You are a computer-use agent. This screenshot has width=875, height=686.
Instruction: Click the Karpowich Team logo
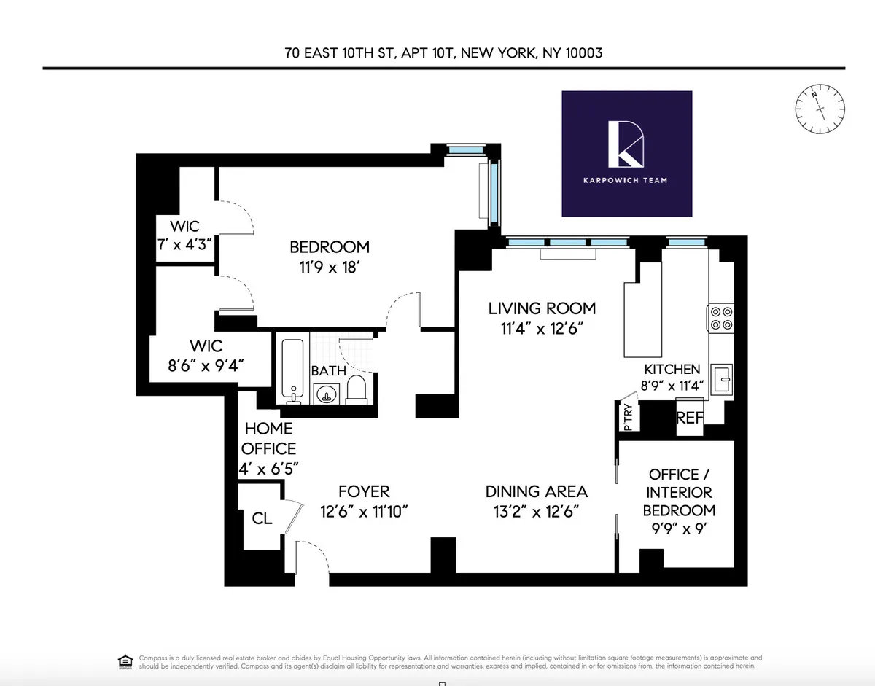[x=626, y=153]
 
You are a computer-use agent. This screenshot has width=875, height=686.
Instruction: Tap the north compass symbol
[x=820, y=109]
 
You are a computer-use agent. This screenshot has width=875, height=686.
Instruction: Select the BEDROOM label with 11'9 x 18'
[x=330, y=257]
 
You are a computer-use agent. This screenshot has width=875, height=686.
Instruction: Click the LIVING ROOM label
[x=542, y=318]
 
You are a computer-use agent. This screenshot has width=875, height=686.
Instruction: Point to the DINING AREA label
[x=540, y=501]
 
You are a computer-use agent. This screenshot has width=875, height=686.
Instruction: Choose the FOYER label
[x=364, y=501]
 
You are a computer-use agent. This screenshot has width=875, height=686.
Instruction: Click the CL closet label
[x=262, y=519]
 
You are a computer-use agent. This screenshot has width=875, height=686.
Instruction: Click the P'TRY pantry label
[x=628, y=417]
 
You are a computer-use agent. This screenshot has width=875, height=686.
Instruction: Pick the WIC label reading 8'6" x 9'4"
[x=206, y=356]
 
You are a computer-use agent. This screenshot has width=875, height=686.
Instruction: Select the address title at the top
[x=443, y=53]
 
